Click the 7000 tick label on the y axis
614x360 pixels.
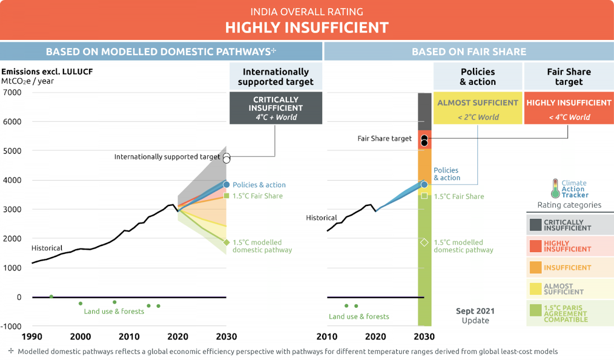point(12,93)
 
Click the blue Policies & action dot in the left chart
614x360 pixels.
point(226,185)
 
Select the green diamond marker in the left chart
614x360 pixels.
point(226,242)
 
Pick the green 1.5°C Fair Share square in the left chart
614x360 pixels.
point(226,195)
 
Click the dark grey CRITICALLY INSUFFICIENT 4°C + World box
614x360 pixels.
point(275,108)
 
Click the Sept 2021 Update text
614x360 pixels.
point(475,316)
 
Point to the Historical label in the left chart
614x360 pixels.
point(47,248)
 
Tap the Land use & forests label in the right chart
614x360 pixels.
point(359,317)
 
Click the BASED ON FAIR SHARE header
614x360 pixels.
point(469,52)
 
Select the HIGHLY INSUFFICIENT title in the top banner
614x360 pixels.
point(307,27)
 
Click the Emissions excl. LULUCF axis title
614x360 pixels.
point(35,71)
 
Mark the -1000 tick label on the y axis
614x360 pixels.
point(11,326)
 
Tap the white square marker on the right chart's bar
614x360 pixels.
point(424,195)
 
